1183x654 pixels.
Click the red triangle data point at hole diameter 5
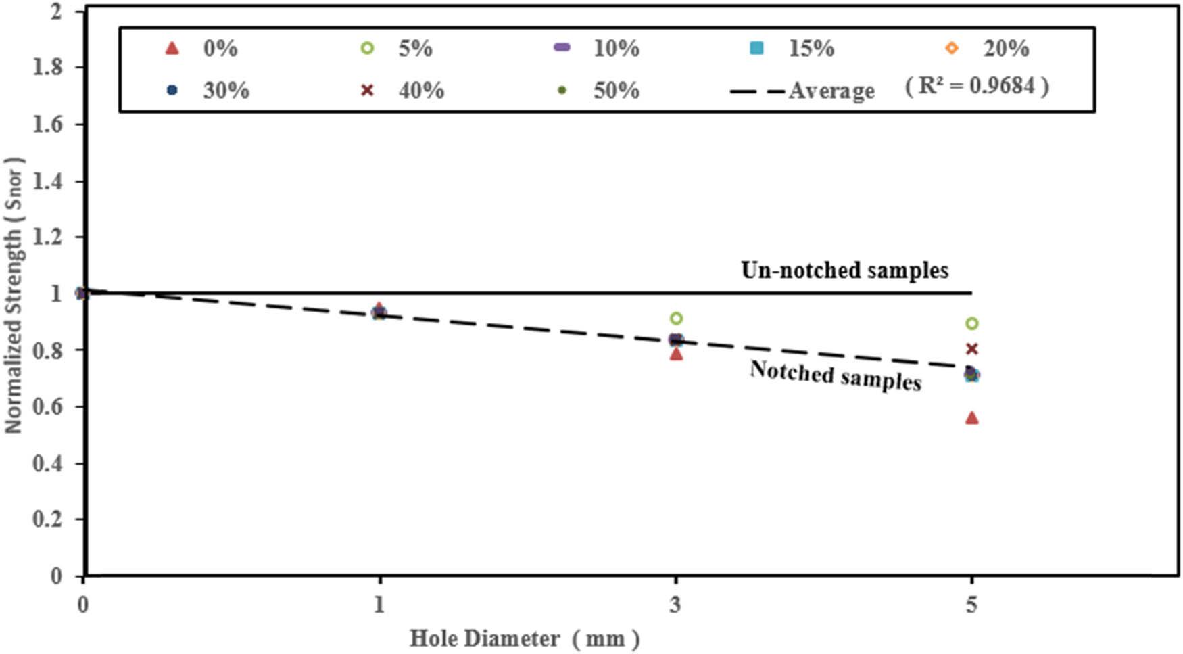click(x=971, y=418)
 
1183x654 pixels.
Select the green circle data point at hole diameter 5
click(x=971, y=323)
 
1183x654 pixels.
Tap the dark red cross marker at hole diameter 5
click(x=971, y=349)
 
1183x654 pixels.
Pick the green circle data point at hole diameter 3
click(x=676, y=319)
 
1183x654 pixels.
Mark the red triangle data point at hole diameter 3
click(x=676, y=354)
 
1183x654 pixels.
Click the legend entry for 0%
click(x=203, y=49)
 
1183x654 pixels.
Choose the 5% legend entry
click(x=399, y=49)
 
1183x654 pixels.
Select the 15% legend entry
click(x=794, y=49)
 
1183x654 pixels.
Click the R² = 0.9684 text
click(x=977, y=86)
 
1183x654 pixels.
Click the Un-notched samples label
click(x=844, y=270)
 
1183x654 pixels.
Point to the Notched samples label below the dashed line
click(x=836, y=375)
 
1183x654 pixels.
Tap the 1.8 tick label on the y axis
click(x=49, y=68)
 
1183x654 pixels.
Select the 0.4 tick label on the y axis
click(x=49, y=464)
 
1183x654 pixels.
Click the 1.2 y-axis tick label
click(x=49, y=237)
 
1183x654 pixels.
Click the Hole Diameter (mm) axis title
click(x=524, y=638)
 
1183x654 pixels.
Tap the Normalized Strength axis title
click(x=14, y=294)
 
